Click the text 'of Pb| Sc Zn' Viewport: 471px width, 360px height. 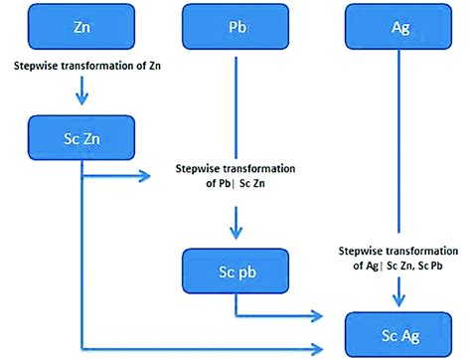point(235,183)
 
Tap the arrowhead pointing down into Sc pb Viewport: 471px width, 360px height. point(235,234)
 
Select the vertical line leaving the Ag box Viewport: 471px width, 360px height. point(400,149)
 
